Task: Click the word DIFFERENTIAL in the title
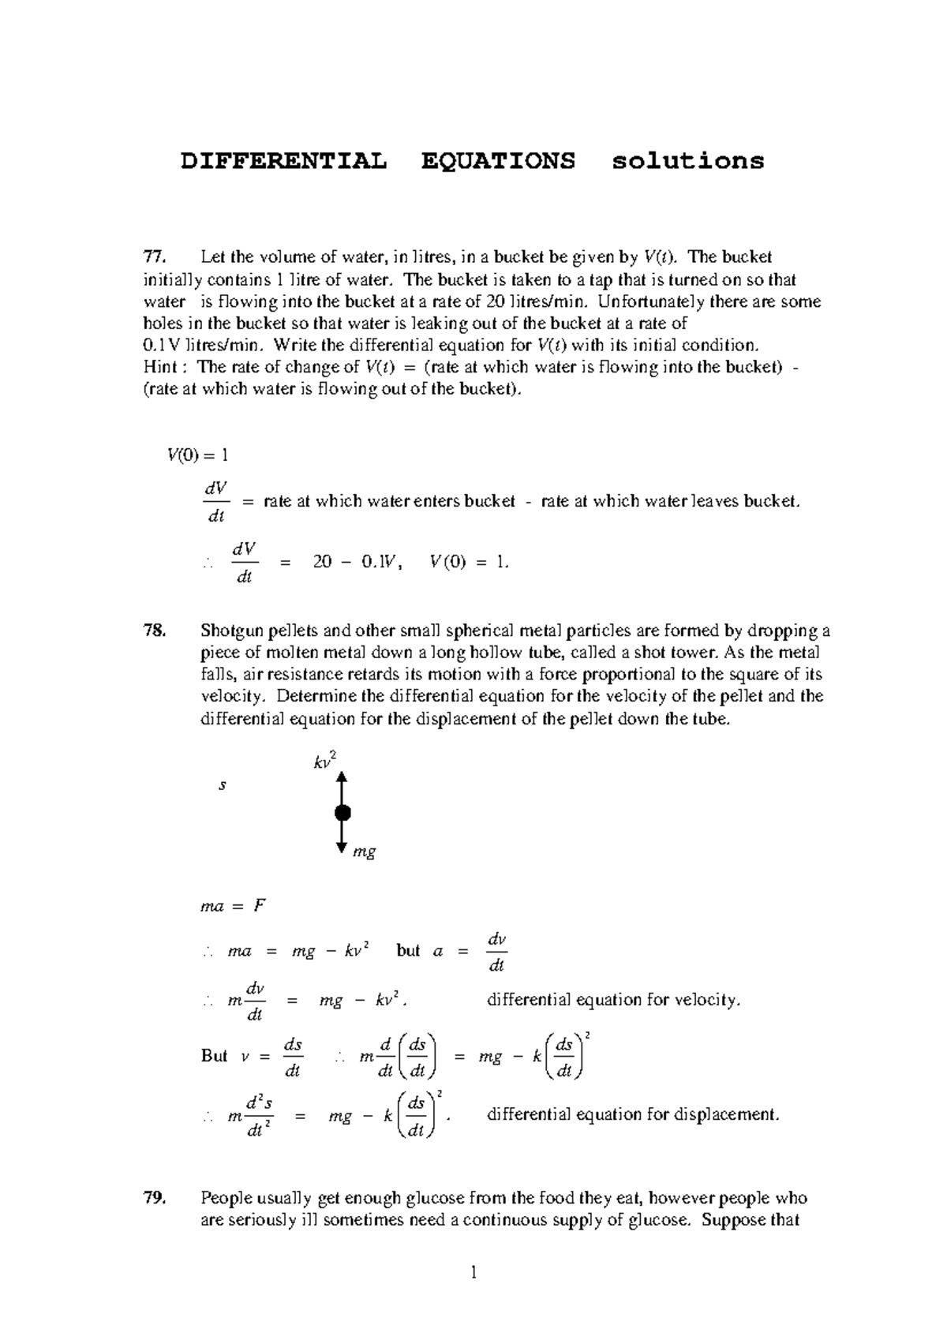click(284, 161)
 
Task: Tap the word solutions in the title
click(688, 161)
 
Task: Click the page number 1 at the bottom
click(473, 1272)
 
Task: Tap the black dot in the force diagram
click(342, 813)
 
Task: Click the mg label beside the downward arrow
click(364, 852)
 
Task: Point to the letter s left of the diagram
click(223, 785)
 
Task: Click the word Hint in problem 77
click(161, 367)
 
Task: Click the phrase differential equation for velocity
click(614, 1000)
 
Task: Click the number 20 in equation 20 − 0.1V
click(322, 562)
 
